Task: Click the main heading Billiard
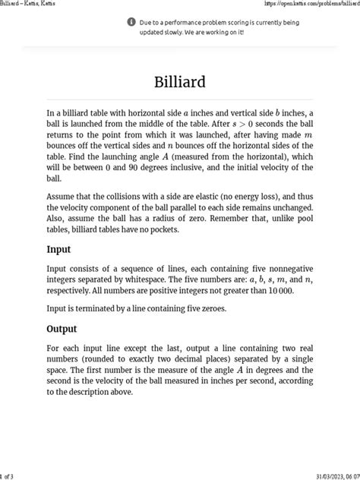[x=179, y=81]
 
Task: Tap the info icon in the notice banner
[x=131, y=22]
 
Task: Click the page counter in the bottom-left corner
[x=7, y=475]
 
